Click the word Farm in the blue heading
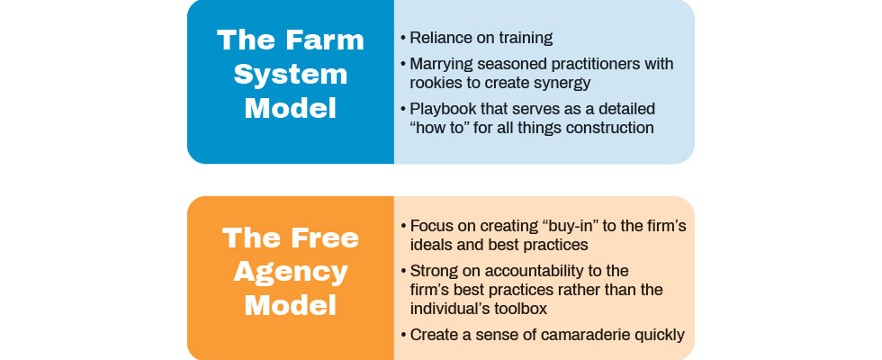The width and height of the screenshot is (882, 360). tap(326, 40)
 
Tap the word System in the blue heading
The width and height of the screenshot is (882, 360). tap(291, 74)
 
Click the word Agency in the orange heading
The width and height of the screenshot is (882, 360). tap(291, 272)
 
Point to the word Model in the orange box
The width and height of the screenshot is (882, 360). tap(291, 305)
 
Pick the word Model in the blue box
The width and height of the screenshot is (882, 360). tap(291, 108)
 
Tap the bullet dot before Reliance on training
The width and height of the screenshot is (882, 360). tap(403, 38)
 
